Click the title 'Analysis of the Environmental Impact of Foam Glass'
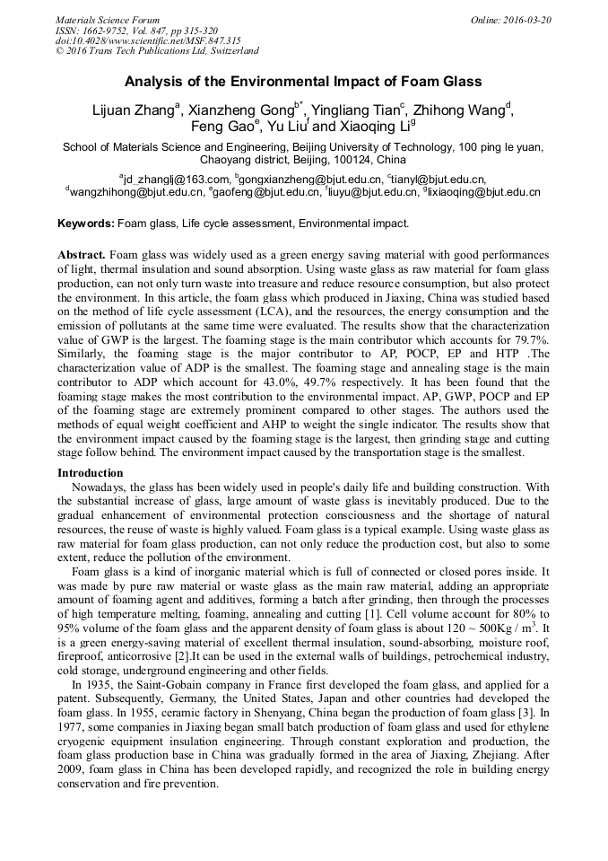(303, 82)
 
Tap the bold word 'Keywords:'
(86, 224)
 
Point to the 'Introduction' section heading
(91, 473)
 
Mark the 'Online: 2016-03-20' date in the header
(511, 20)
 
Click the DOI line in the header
(148, 40)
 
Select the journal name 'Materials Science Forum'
(108, 20)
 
